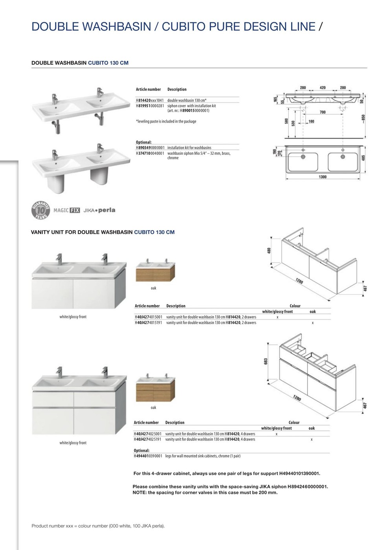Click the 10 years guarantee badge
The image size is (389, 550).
40,210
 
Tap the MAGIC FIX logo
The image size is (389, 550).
66,210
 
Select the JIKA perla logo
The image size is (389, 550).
99,210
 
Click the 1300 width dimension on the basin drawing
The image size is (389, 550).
323,177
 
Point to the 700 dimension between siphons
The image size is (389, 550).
323,112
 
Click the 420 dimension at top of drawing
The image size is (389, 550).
323,88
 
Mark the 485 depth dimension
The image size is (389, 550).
363,158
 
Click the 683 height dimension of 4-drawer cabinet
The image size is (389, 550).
266,361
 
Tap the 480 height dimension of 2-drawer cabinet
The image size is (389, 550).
269,251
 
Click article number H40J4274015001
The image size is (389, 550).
149,317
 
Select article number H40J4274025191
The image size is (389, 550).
147,439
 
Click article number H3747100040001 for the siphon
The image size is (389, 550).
150,153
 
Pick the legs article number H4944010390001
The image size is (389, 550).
148,456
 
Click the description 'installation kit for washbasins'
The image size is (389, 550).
189,148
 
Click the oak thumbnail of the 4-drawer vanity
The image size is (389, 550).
156,389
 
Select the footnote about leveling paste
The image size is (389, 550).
166,121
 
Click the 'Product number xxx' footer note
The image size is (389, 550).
98,526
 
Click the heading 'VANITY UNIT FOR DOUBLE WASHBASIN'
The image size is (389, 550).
82,232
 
